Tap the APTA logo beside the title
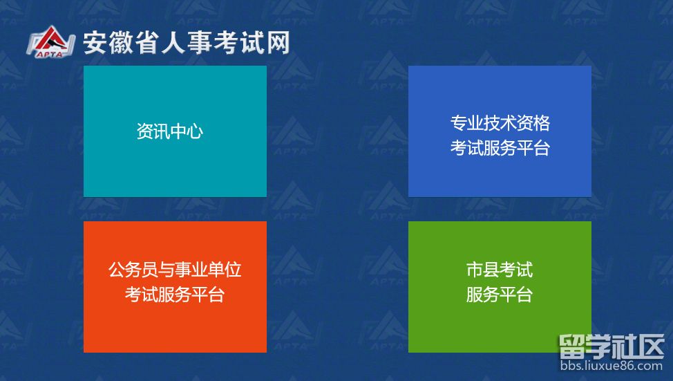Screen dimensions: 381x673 [x=50, y=44]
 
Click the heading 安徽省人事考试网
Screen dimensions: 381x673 [x=186, y=43]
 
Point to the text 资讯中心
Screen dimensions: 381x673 [x=170, y=131]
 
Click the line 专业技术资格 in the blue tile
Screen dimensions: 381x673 [x=500, y=123]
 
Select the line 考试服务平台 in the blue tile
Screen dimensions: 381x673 [x=500, y=148]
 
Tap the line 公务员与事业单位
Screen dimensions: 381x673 [x=175, y=269]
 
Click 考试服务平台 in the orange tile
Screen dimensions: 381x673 [x=175, y=295]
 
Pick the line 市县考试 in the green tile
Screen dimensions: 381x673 [x=500, y=269]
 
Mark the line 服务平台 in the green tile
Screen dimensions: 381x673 [x=500, y=295]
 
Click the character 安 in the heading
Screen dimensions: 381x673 [x=94, y=43]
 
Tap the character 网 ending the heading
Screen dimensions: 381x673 [x=277, y=43]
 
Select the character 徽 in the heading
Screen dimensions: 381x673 [x=120, y=43]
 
